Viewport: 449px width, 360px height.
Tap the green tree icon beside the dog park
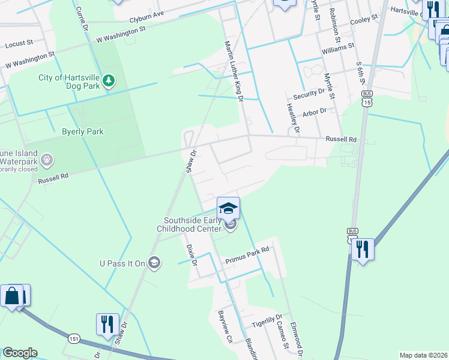(x=109, y=80)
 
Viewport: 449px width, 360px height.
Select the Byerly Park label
(x=83, y=131)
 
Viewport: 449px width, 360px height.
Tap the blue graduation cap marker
(x=228, y=208)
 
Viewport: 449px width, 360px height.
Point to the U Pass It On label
(x=122, y=263)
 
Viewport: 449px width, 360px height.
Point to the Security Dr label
(x=309, y=94)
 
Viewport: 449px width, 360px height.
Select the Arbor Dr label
(x=315, y=112)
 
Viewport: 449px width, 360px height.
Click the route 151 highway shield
(x=73, y=338)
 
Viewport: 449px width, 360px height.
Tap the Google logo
(x=20, y=353)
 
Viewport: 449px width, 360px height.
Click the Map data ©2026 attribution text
(x=424, y=355)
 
